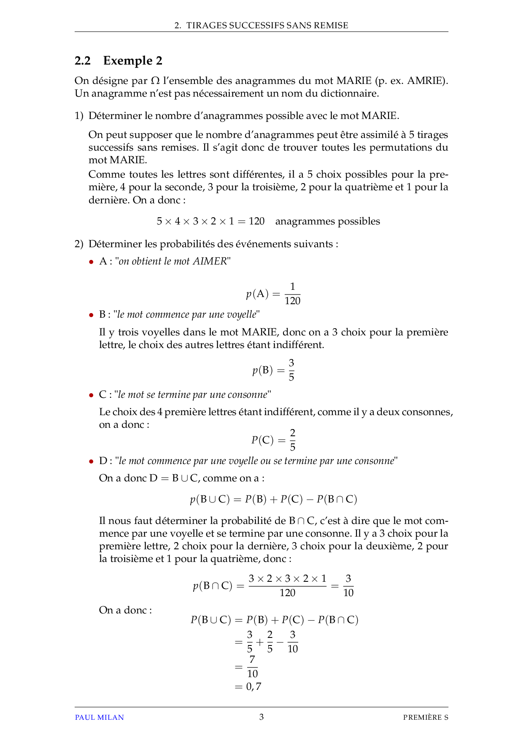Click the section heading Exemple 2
(132, 61)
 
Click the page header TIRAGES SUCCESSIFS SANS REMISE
(267, 25)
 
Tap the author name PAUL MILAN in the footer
(99, 717)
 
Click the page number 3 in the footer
(261, 717)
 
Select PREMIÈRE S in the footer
(425, 717)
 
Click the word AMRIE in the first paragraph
(424, 81)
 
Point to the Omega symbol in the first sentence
(155, 81)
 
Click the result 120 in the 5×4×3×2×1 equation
(256, 221)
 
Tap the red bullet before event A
(91, 262)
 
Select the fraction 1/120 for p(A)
(292, 294)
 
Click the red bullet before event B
(91, 315)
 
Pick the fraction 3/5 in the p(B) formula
(291, 370)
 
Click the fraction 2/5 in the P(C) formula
(292, 440)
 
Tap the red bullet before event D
(91, 462)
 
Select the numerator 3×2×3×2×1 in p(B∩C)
(287, 578)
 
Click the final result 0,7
(253, 687)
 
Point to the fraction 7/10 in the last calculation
(252, 667)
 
